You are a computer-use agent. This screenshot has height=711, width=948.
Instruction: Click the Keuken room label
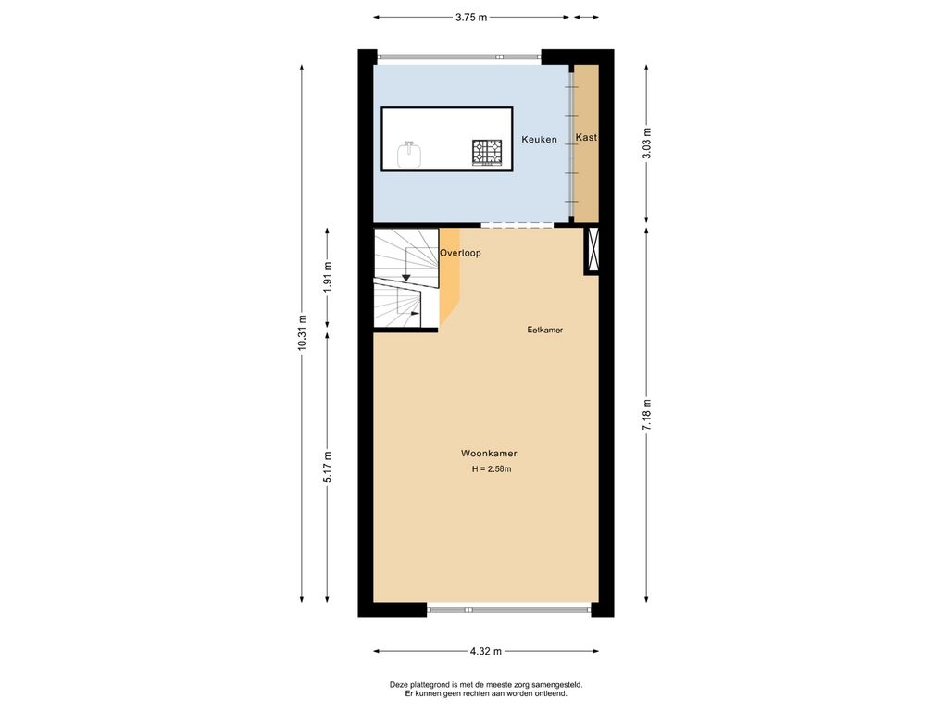point(539,140)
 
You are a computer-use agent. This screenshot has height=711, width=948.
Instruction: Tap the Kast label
point(586,138)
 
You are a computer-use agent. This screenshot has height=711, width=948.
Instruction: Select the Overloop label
point(460,253)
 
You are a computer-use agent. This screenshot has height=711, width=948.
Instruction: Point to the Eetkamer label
point(545,330)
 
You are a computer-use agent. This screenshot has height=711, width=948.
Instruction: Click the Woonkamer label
point(489,454)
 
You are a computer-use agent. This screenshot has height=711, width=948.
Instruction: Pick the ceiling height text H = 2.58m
point(491,469)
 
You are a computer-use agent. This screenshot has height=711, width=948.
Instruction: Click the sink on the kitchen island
point(409,155)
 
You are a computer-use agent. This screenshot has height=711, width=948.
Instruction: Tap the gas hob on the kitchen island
point(487,152)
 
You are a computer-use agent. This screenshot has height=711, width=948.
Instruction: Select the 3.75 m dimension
point(470,17)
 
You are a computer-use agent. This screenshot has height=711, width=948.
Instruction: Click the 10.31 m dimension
point(301,342)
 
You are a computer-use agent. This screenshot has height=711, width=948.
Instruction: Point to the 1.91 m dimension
point(328,278)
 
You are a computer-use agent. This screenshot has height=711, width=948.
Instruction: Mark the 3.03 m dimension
point(646,143)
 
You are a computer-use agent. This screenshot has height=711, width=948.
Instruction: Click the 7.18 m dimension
point(646,413)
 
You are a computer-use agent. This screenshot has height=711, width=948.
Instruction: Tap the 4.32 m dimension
point(485,651)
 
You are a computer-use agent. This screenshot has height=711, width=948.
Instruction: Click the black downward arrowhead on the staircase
point(405,277)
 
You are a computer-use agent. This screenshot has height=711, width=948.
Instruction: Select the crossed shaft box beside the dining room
point(592,250)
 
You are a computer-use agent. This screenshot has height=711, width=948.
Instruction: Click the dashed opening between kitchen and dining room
point(517,225)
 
